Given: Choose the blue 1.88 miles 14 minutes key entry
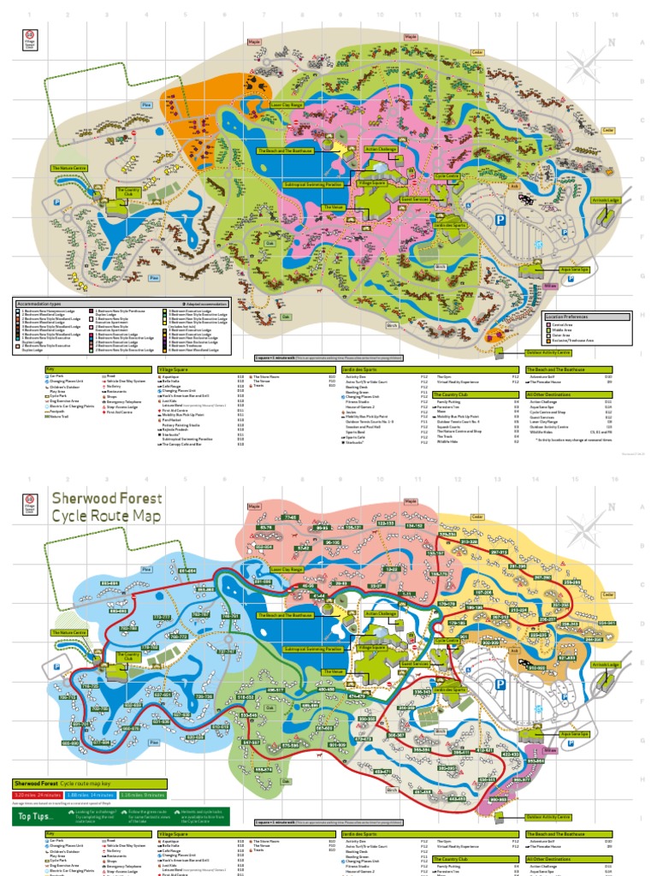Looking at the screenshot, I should pos(88,795).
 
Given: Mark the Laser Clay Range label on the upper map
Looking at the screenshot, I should pos(287,104).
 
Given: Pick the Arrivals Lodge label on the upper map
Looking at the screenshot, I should pos(601,200).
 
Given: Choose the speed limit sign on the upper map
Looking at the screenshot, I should pos(32,38).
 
